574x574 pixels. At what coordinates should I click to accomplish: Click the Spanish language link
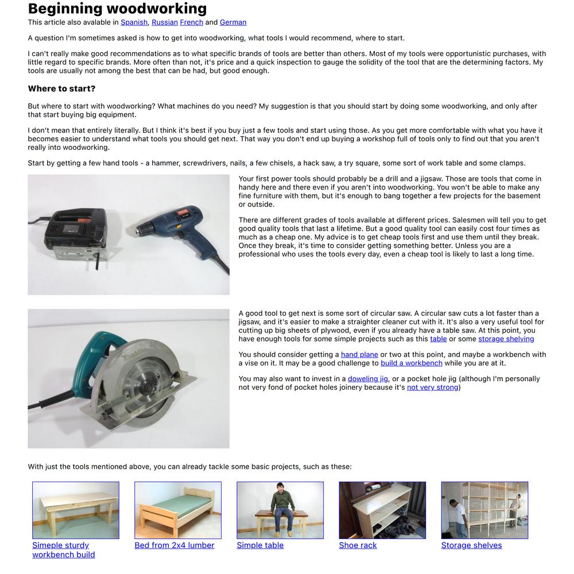click(134, 22)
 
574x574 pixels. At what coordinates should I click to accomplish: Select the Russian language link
click(164, 22)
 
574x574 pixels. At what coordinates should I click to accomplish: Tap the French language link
click(191, 22)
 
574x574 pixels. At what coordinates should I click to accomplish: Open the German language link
click(233, 22)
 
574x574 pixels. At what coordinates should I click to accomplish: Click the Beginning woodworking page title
click(117, 9)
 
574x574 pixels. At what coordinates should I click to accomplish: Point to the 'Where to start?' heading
click(61, 89)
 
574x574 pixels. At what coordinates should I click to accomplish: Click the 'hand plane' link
click(359, 355)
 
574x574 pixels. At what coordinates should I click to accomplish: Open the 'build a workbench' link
click(412, 363)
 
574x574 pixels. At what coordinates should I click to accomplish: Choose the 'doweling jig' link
click(368, 379)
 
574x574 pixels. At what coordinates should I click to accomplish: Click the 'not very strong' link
click(433, 387)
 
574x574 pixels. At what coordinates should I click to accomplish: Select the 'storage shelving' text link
click(506, 339)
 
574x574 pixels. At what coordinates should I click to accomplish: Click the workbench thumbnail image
click(76, 510)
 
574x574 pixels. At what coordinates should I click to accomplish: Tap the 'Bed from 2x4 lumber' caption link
click(174, 545)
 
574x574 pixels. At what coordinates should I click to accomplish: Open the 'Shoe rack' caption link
click(358, 545)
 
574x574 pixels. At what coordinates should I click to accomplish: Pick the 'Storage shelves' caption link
click(471, 545)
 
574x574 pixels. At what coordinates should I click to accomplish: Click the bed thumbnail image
click(178, 510)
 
